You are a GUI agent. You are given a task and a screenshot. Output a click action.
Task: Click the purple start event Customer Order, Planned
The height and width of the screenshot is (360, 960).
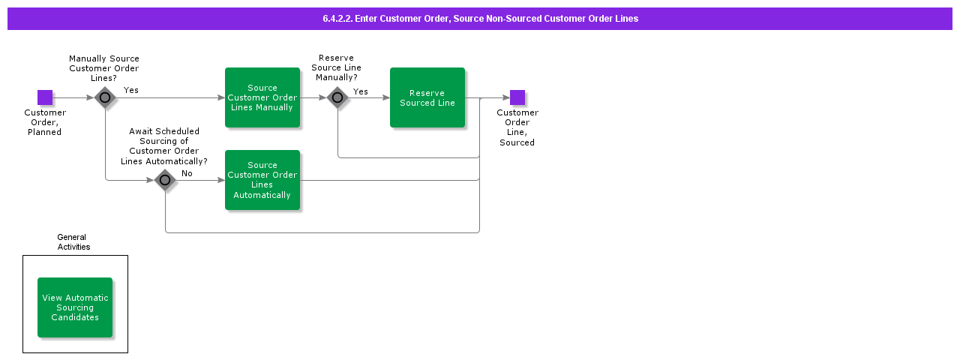tap(45, 97)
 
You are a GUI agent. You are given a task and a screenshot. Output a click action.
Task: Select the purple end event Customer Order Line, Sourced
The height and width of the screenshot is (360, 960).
tap(517, 97)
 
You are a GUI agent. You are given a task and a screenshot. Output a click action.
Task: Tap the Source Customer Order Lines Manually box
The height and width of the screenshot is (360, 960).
tap(262, 97)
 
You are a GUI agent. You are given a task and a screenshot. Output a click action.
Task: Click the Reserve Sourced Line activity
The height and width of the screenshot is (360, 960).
tap(427, 97)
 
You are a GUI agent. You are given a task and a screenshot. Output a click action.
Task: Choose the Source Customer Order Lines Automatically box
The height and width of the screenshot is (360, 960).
tap(262, 180)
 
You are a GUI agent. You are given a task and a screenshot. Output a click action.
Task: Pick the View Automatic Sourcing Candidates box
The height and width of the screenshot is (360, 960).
tap(75, 307)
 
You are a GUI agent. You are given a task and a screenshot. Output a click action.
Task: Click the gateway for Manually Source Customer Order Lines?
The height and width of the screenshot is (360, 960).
tap(105, 97)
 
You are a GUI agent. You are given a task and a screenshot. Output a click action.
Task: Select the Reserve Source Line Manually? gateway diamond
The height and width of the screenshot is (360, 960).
tap(337, 97)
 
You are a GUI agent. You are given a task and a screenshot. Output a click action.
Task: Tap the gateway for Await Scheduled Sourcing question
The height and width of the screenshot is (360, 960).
tap(165, 180)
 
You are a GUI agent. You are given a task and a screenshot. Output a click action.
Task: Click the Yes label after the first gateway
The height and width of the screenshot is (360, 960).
tap(131, 90)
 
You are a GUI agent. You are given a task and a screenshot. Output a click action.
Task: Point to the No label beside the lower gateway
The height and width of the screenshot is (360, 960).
tap(187, 173)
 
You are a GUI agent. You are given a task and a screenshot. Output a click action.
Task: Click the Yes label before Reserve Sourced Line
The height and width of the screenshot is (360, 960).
tap(361, 91)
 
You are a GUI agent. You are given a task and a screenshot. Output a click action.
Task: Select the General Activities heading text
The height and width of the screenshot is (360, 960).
tap(73, 241)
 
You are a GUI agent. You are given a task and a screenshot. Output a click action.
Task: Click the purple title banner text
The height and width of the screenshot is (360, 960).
tap(480, 19)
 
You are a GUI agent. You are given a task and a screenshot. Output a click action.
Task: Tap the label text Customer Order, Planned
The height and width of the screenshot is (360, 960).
tap(45, 122)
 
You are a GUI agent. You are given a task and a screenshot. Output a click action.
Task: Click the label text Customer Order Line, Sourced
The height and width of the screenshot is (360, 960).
tap(517, 127)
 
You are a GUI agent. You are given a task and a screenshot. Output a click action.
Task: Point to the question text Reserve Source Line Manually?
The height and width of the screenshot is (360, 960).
tap(336, 67)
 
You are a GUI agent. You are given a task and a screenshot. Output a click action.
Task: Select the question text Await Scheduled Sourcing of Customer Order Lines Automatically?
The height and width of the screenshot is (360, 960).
tap(164, 146)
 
